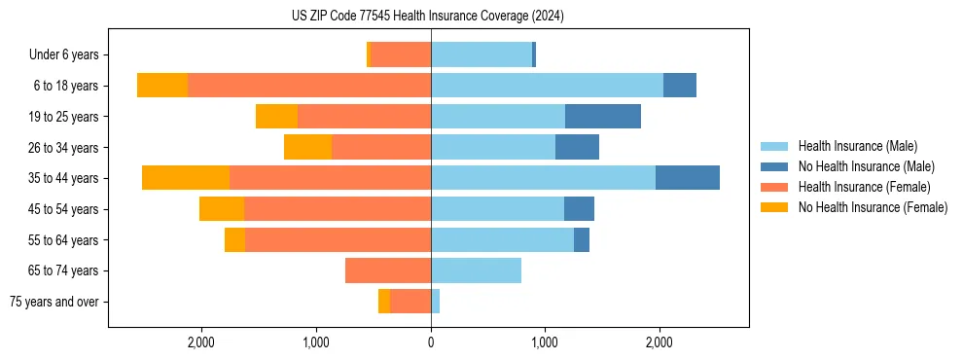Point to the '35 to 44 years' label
(x=64, y=178)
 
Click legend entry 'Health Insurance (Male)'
(x=857, y=146)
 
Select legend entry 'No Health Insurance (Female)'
(x=873, y=207)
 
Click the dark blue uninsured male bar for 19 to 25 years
(x=603, y=116)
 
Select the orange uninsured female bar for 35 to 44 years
(x=186, y=178)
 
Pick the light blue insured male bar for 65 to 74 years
(x=476, y=270)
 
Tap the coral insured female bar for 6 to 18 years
(x=309, y=86)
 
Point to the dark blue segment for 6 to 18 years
(x=680, y=86)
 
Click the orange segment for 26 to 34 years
(x=307, y=147)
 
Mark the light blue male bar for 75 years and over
(x=435, y=302)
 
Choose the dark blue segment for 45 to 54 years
(x=579, y=209)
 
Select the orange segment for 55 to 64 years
(x=234, y=239)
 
